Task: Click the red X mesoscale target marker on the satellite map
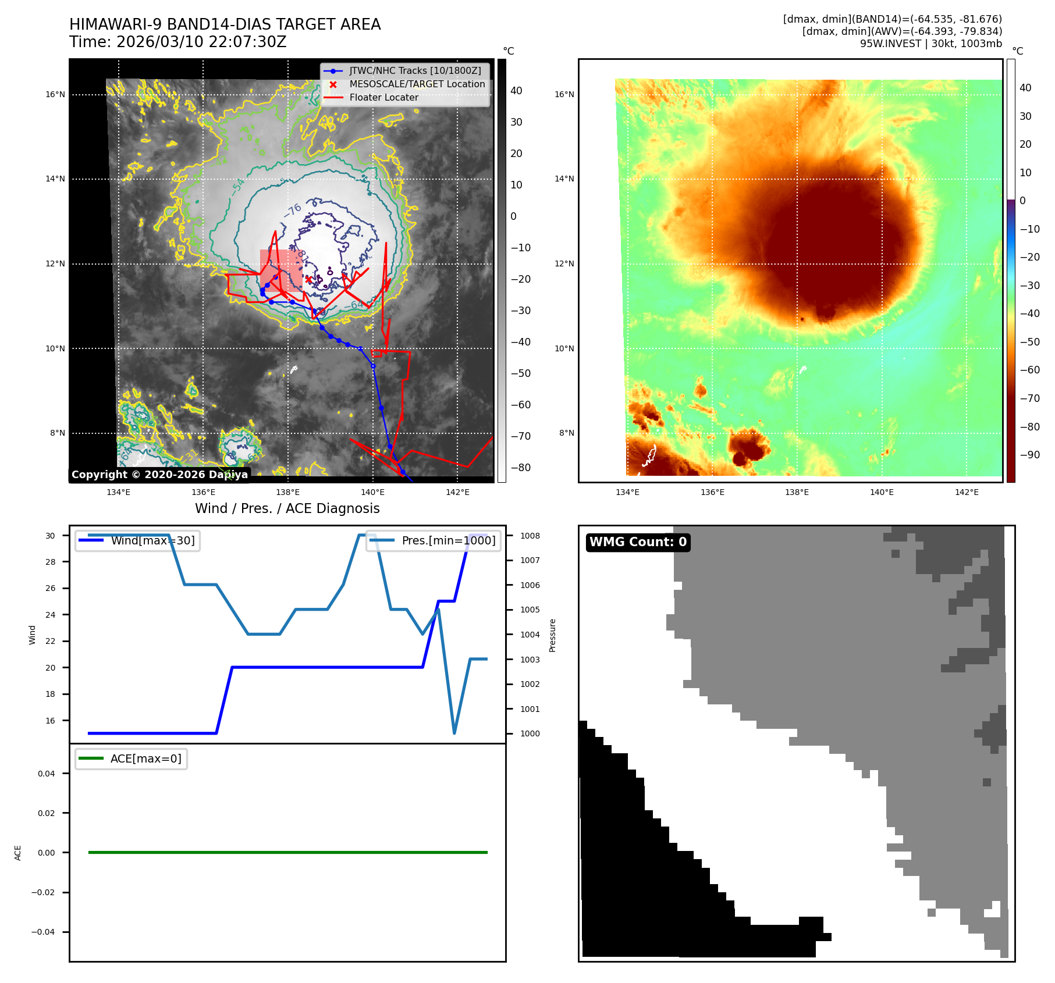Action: point(308,279)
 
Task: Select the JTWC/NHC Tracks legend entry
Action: point(415,71)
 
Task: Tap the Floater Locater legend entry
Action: point(383,98)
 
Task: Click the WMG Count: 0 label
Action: point(638,542)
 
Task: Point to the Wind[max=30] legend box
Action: point(138,541)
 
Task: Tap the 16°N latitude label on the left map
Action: point(55,94)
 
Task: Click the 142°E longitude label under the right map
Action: point(967,492)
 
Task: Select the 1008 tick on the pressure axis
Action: point(530,536)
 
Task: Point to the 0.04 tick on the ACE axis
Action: point(47,774)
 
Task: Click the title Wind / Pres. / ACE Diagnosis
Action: point(287,508)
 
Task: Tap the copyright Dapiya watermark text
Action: point(159,475)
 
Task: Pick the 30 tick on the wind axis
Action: point(51,536)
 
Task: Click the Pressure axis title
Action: point(552,635)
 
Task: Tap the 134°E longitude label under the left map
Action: point(118,492)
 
